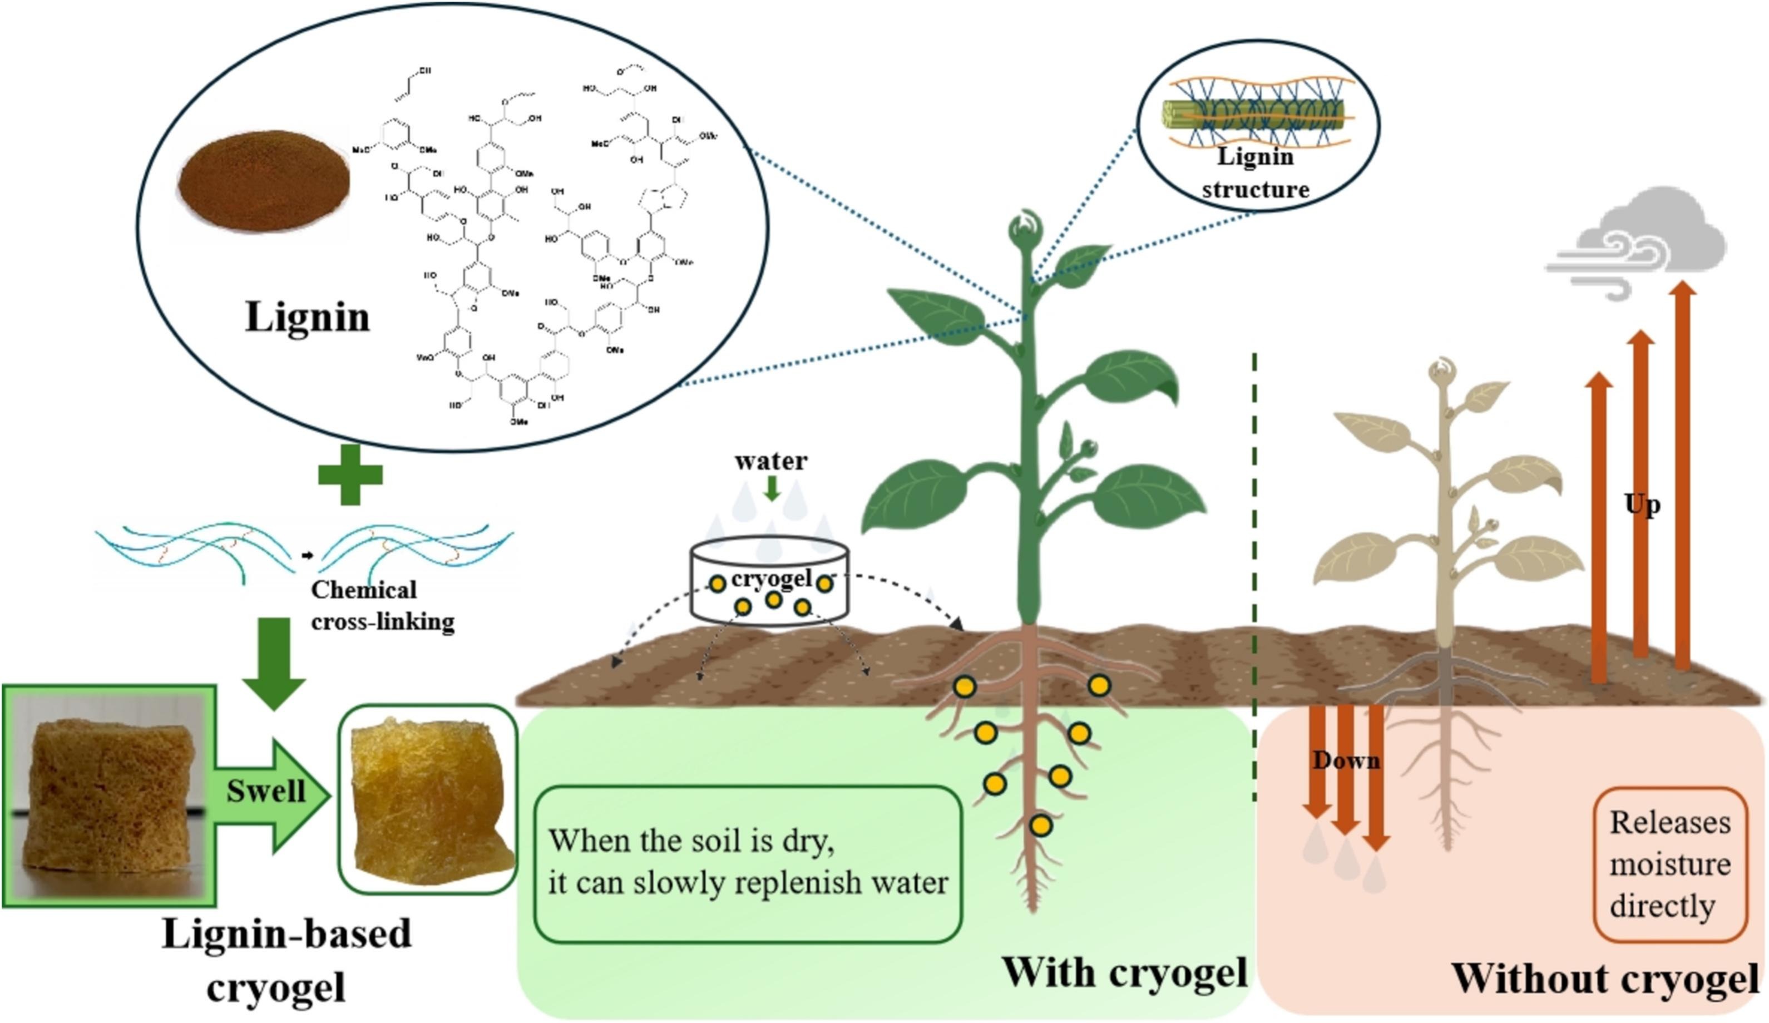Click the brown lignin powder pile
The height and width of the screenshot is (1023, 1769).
263,181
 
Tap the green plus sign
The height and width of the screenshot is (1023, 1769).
350,475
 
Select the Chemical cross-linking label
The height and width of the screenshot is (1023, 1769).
383,605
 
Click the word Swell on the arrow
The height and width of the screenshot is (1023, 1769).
266,791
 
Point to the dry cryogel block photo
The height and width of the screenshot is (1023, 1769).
109,795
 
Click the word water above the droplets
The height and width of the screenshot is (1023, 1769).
771,461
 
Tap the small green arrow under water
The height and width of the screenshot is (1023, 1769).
772,488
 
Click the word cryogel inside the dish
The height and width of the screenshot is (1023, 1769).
771,579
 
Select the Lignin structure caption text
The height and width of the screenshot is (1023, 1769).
1255,172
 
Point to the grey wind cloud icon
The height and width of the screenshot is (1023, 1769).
1639,246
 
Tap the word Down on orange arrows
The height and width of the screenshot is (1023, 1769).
1346,760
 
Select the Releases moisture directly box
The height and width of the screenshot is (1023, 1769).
1669,863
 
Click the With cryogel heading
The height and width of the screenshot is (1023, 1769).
1124,972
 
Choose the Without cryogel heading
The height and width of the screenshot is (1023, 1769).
1604,978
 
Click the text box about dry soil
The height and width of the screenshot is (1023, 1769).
748,862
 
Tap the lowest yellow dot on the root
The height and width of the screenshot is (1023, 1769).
1041,825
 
